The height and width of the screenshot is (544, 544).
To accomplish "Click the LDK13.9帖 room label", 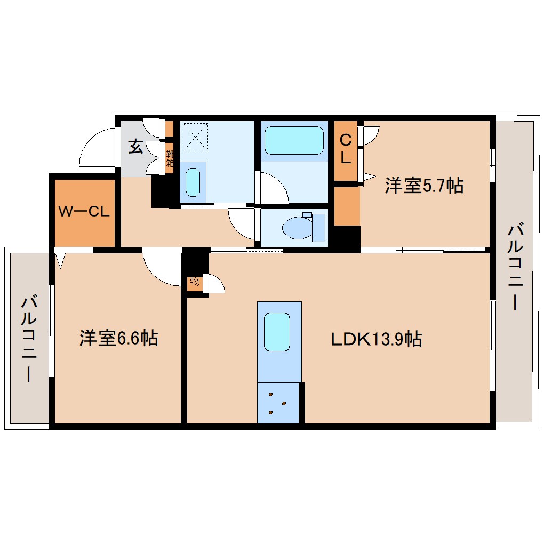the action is click(x=377, y=339).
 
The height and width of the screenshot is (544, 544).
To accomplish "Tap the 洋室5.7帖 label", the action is click(x=424, y=185).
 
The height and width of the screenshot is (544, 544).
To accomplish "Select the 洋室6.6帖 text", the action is click(x=118, y=338).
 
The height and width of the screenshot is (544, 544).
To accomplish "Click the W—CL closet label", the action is click(x=84, y=211).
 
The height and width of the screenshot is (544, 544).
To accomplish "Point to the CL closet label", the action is click(x=346, y=149).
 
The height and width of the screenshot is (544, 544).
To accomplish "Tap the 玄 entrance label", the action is click(x=135, y=147).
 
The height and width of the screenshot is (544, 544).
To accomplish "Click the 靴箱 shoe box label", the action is click(x=170, y=158).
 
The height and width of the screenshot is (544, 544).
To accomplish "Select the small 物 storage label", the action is click(x=195, y=282).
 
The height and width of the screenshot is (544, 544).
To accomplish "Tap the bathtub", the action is click(x=294, y=140).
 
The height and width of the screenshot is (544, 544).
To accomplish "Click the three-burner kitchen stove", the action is click(x=278, y=403).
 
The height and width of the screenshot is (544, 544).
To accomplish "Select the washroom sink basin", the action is click(x=193, y=182).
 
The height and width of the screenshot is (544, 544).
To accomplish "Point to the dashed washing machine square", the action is click(x=195, y=137).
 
